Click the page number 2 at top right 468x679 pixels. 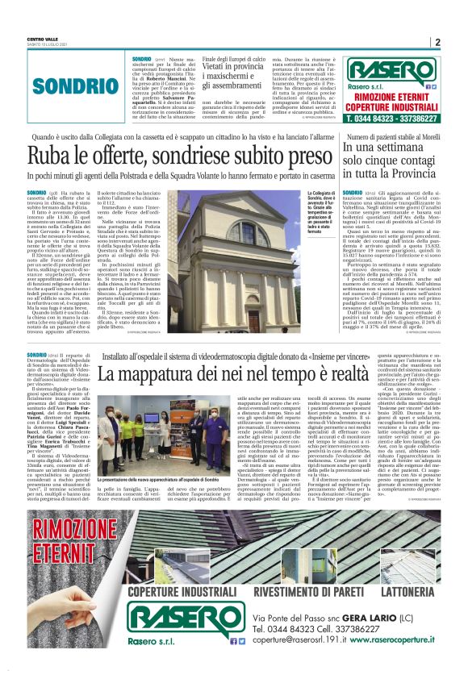tap(437, 43)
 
